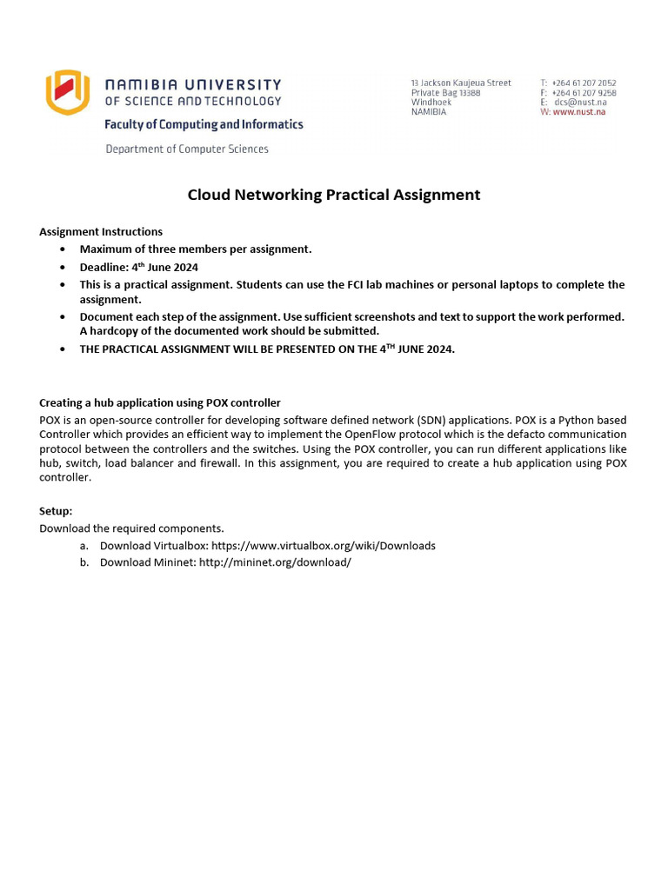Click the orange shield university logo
67,92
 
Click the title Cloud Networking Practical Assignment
333,195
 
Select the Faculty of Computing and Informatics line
204,124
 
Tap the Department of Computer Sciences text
187,149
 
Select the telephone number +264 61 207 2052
584,83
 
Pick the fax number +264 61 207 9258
584,93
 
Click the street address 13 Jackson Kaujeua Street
461,83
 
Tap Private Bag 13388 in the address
445,93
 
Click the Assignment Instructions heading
101,232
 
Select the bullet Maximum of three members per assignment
195,249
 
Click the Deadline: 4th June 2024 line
139,267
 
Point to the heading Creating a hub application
160,402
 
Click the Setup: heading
56,511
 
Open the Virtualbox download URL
324,546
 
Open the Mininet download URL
275,562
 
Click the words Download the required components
131,528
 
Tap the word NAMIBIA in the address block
429,112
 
